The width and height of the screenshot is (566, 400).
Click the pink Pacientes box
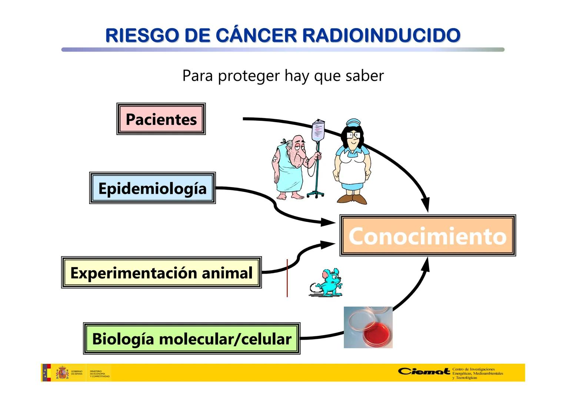[x=161, y=119]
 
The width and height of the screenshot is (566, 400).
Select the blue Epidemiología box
[x=152, y=188]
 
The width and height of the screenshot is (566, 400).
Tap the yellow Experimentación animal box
[x=161, y=273]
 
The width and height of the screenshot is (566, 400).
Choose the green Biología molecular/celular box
[x=192, y=339]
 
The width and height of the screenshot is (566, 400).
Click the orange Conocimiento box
[x=427, y=236]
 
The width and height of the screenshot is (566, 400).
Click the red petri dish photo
[x=368, y=327]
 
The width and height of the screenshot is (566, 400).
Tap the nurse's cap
[x=353, y=123]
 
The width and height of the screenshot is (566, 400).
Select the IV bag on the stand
[x=318, y=131]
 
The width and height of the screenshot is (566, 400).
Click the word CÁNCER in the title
[x=256, y=36]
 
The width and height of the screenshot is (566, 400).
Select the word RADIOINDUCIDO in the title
[x=381, y=36]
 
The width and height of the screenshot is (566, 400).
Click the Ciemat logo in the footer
[x=424, y=371]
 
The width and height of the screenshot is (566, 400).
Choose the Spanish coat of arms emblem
[x=62, y=373]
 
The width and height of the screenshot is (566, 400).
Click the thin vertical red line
[x=287, y=278]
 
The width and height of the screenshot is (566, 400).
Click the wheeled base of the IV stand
[x=315, y=194]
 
